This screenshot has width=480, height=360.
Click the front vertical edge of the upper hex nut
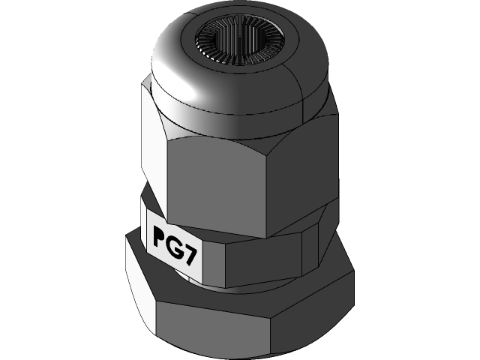pos(166,180)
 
